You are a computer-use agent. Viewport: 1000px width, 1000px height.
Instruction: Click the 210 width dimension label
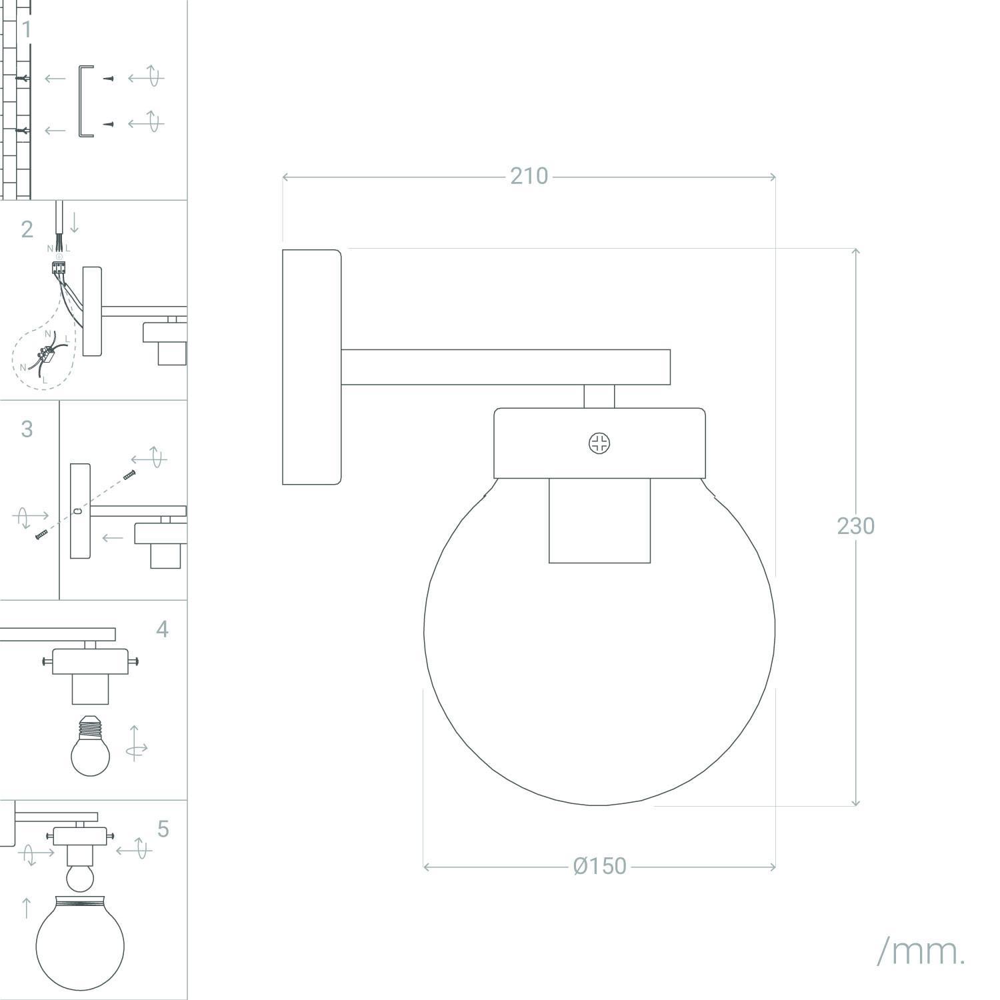click(529, 176)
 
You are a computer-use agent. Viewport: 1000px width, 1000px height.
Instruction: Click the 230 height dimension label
click(856, 526)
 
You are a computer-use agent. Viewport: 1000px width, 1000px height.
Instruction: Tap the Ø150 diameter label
click(600, 866)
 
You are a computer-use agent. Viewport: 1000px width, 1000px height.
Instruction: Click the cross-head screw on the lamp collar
click(600, 443)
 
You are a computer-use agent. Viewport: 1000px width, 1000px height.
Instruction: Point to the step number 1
click(27, 30)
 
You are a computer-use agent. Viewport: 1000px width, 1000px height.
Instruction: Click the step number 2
click(27, 229)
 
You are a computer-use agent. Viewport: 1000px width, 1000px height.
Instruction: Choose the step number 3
click(27, 429)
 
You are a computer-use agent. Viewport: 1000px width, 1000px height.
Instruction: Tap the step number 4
click(162, 629)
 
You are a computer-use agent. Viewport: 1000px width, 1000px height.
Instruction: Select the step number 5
click(163, 829)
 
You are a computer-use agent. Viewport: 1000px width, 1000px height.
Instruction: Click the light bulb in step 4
click(90, 746)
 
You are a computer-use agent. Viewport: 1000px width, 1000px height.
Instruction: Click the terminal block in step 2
click(59, 268)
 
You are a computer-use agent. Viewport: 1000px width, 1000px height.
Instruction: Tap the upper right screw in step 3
click(130, 475)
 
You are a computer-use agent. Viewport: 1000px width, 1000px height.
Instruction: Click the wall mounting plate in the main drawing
click(312, 367)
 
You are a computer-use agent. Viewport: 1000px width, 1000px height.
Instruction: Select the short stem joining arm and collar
click(599, 397)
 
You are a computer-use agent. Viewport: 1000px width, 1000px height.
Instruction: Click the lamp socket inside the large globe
click(599, 520)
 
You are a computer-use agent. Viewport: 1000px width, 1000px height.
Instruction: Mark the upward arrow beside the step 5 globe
click(26, 908)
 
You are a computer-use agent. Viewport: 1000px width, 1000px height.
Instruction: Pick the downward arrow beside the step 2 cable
click(74, 222)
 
